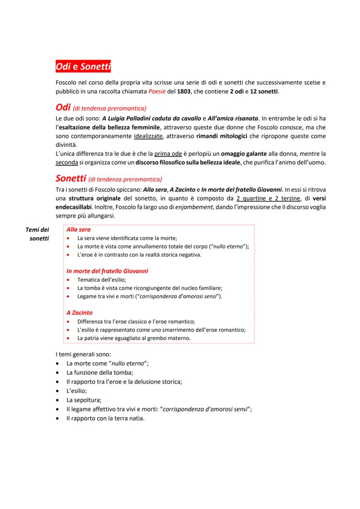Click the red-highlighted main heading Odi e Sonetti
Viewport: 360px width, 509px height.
(x=83, y=67)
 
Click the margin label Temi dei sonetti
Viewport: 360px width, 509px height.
(x=37, y=234)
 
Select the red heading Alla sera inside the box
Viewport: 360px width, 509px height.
(x=78, y=229)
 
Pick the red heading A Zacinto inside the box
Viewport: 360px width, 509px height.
(x=79, y=312)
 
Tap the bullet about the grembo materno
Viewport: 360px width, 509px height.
(x=133, y=338)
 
